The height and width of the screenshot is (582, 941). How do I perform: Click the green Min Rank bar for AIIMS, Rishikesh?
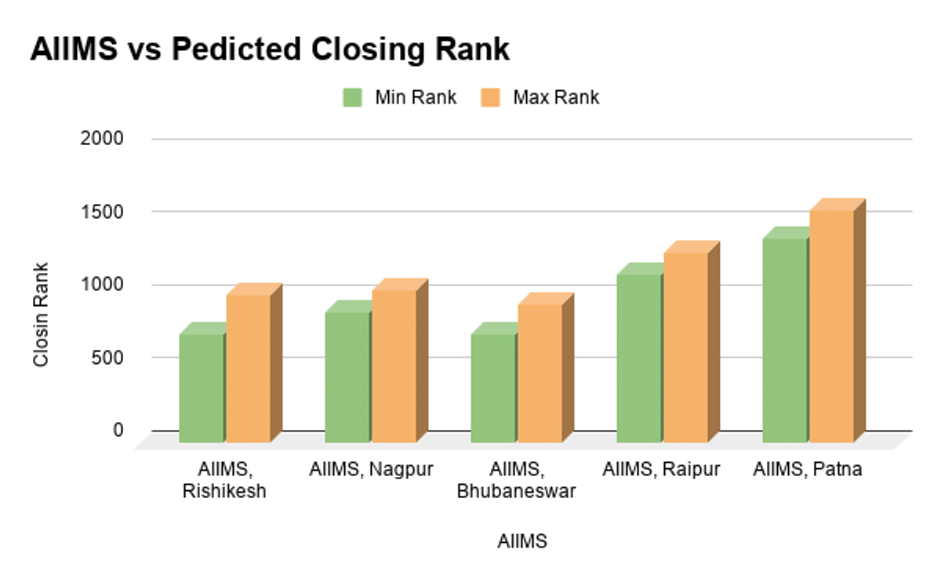pos(202,388)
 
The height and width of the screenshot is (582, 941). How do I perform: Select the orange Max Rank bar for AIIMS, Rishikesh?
pos(249,369)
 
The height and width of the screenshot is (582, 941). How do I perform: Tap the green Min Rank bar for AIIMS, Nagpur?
pos(347,377)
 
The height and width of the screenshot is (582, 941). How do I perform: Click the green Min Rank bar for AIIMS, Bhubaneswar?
pos(493,388)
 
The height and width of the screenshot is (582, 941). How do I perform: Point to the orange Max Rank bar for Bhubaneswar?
pos(540,373)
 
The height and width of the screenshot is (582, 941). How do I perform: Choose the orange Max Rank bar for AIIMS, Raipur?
pos(685,347)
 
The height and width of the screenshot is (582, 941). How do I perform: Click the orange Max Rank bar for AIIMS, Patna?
pos(831,326)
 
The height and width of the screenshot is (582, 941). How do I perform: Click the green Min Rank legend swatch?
pos(351,98)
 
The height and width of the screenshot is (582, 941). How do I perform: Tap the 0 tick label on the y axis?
pos(118,430)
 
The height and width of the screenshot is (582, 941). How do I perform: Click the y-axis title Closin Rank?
pos(42,314)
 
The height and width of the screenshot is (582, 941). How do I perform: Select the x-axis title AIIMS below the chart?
pos(522,541)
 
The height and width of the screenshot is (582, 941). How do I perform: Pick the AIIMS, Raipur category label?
pos(661,470)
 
